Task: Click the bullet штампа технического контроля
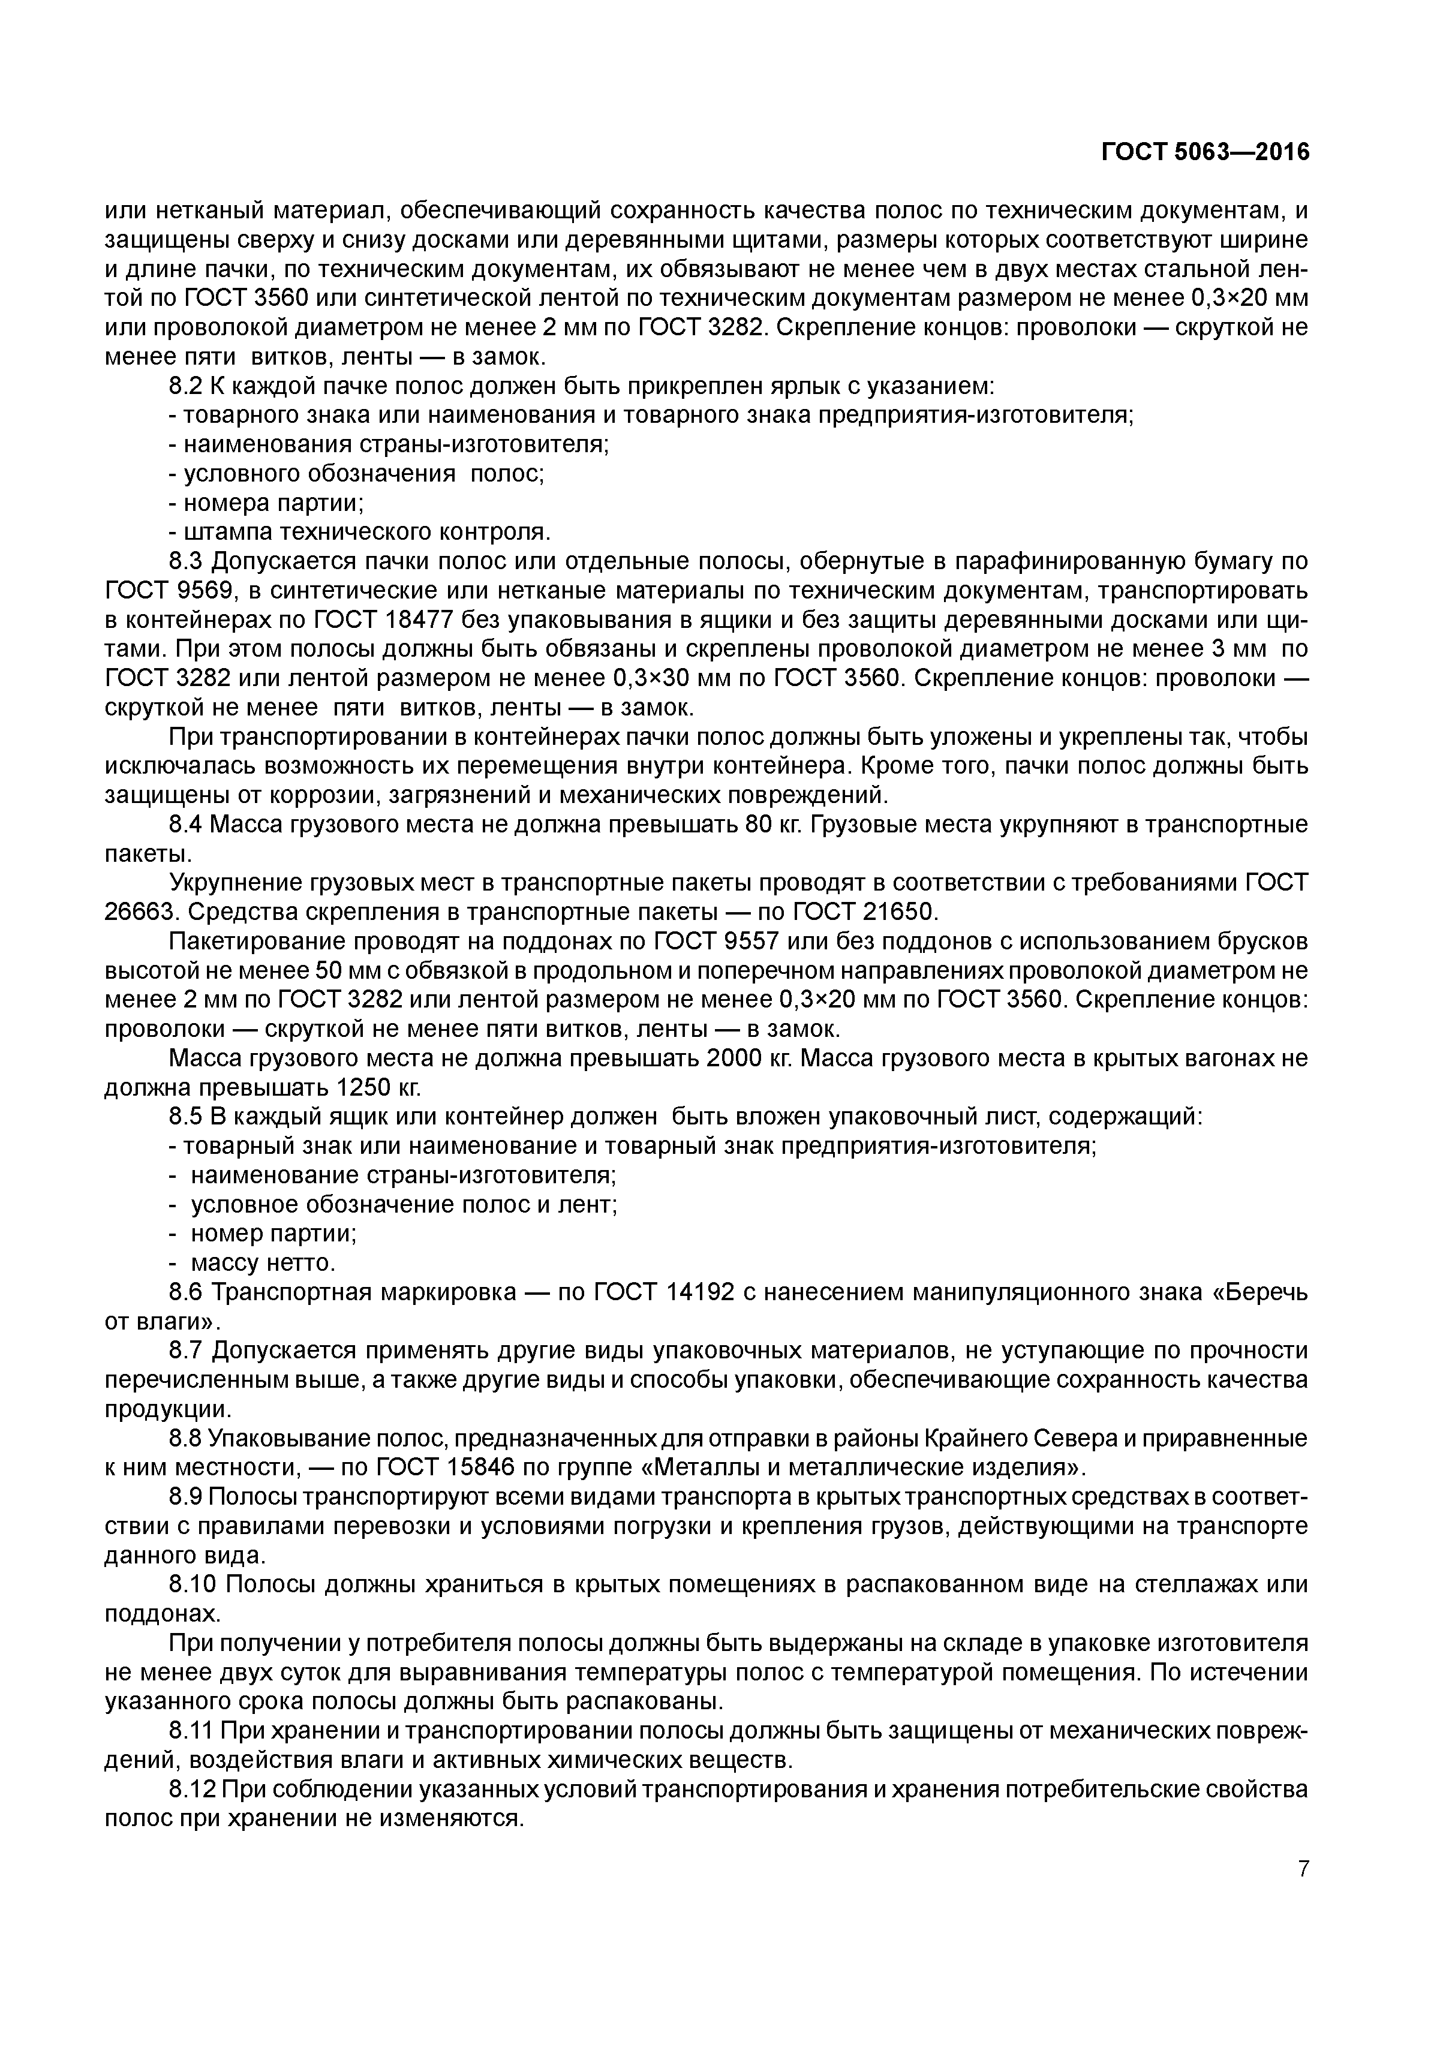[x=367, y=533]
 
